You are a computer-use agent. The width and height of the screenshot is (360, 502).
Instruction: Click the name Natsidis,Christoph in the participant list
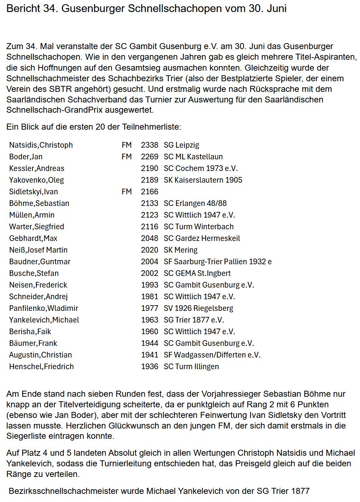(x=41, y=145)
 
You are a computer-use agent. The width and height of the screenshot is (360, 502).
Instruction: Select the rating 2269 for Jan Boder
(x=150, y=157)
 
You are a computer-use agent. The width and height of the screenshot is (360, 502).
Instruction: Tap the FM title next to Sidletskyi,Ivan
(x=126, y=192)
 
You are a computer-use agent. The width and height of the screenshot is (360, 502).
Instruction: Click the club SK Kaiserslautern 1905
(x=203, y=180)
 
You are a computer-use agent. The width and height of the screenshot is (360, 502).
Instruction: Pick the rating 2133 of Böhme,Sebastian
(x=150, y=203)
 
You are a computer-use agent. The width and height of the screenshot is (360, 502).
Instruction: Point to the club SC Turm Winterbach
(x=199, y=227)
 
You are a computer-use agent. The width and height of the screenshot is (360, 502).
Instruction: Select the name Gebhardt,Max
(x=33, y=238)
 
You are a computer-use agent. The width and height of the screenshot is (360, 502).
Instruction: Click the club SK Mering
(x=181, y=250)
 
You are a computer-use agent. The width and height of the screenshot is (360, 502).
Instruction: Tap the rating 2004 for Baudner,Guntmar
(x=150, y=262)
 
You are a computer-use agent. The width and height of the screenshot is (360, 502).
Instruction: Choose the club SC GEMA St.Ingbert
(x=197, y=273)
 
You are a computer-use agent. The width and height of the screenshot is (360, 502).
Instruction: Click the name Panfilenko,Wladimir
(x=44, y=308)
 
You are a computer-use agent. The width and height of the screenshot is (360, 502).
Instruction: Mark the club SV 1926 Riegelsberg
(x=198, y=308)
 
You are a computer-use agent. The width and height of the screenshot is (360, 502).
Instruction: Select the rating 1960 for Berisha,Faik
(x=150, y=332)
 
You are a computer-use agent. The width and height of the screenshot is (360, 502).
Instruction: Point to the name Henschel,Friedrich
(x=42, y=367)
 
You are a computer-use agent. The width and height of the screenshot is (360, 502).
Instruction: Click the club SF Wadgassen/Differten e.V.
(x=212, y=355)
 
